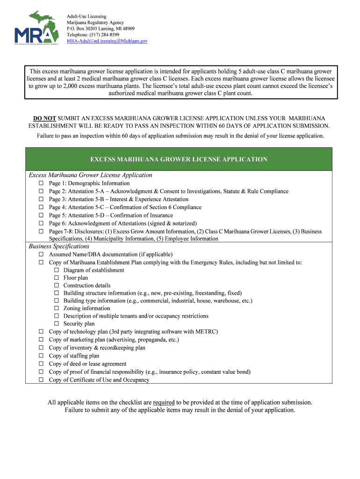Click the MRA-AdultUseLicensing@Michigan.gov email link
[107, 41]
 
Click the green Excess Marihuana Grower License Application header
[179, 160]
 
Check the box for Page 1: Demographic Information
[41, 183]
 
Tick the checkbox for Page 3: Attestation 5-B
[41, 199]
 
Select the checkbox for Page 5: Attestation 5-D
[41, 216]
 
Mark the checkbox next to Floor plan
[57, 278]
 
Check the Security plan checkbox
[57, 324]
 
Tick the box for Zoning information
[57, 308]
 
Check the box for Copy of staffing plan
[41, 356]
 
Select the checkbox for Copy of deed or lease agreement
[41, 364]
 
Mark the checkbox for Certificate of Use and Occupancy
[41, 380]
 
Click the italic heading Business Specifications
[59, 247]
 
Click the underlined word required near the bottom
[164, 402]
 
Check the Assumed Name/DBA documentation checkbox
[41, 254]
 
